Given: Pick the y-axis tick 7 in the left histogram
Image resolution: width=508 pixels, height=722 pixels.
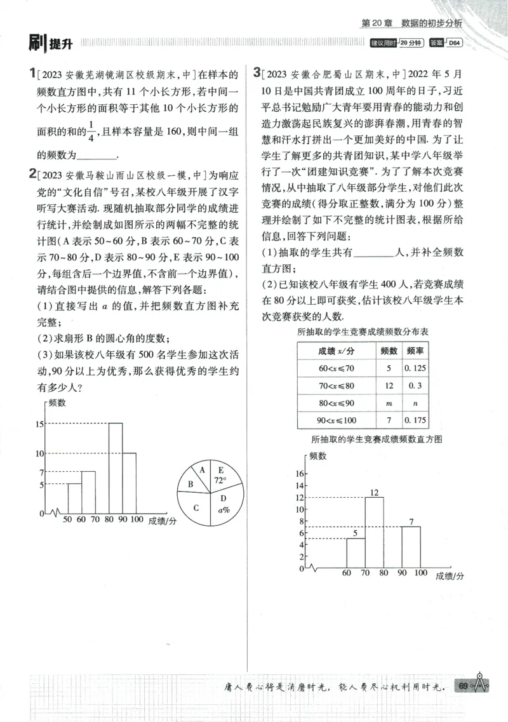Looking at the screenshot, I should pyautogui.click(x=41, y=472).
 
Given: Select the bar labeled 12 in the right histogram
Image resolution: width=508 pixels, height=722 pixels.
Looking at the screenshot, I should pyautogui.click(x=374, y=532).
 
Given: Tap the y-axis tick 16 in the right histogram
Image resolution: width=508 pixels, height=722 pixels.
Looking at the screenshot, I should pyautogui.click(x=302, y=474).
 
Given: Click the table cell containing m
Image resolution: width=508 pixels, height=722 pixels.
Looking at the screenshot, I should pyautogui.click(x=389, y=403).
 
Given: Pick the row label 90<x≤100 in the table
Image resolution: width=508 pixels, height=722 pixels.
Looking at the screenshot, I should pyautogui.click(x=337, y=420).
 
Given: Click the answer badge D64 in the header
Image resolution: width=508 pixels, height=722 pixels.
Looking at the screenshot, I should pyautogui.click(x=455, y=43).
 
